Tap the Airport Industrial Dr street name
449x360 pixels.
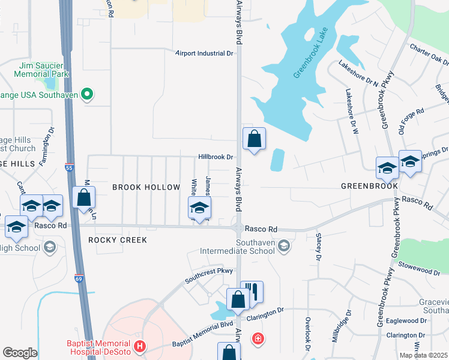(203, 53)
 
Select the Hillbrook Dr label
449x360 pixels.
(215, 157)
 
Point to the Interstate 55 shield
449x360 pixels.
(69, 170)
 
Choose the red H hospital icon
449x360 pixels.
(140, 346)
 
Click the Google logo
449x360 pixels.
(20, 353)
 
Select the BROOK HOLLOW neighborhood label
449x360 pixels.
(146, 187)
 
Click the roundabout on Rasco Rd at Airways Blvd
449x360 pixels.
(239, 228)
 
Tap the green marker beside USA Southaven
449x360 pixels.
(87, 94)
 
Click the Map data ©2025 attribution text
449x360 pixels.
(423, 355)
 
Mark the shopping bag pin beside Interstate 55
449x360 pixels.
(84, 197)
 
